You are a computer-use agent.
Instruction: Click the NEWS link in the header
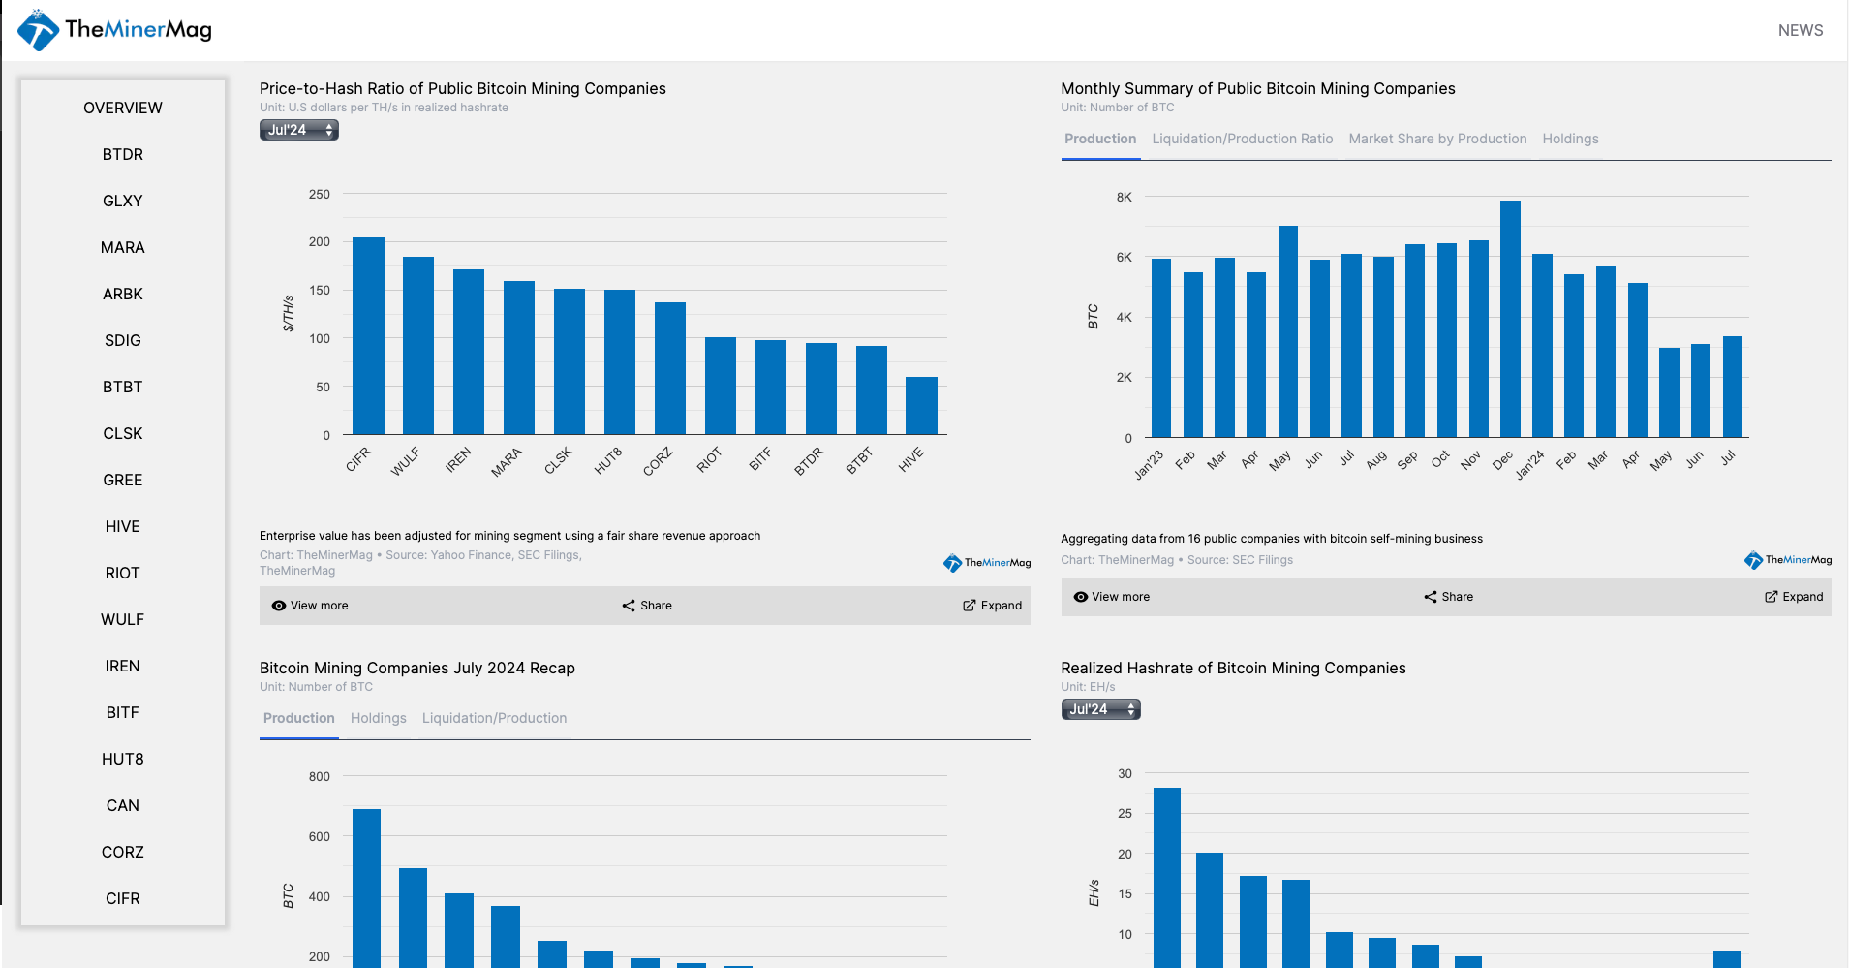1800,30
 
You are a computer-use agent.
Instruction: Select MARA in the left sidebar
123,247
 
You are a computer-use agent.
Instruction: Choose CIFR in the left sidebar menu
123,898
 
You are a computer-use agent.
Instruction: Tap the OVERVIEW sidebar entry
123,108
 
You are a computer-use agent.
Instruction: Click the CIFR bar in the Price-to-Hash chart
368,335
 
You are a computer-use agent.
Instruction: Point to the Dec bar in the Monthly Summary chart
1510,319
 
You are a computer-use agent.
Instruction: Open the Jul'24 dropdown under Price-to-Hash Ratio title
299,130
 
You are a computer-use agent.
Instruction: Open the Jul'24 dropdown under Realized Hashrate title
1100,709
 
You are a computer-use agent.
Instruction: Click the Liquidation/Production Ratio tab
1242,139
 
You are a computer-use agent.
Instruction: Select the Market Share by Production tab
1437,139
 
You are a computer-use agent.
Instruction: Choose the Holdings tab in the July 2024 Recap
378,718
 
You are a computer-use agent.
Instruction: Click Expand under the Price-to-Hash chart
993,606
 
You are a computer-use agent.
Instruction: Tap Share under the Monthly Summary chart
1449,597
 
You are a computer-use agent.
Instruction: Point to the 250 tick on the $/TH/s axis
320,194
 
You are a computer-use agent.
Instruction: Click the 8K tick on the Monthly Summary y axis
1124,197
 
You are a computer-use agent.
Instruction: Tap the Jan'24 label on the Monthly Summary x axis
1530,464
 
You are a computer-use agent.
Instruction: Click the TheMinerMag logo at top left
114,30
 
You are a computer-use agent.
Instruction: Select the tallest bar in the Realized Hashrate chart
1167,877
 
